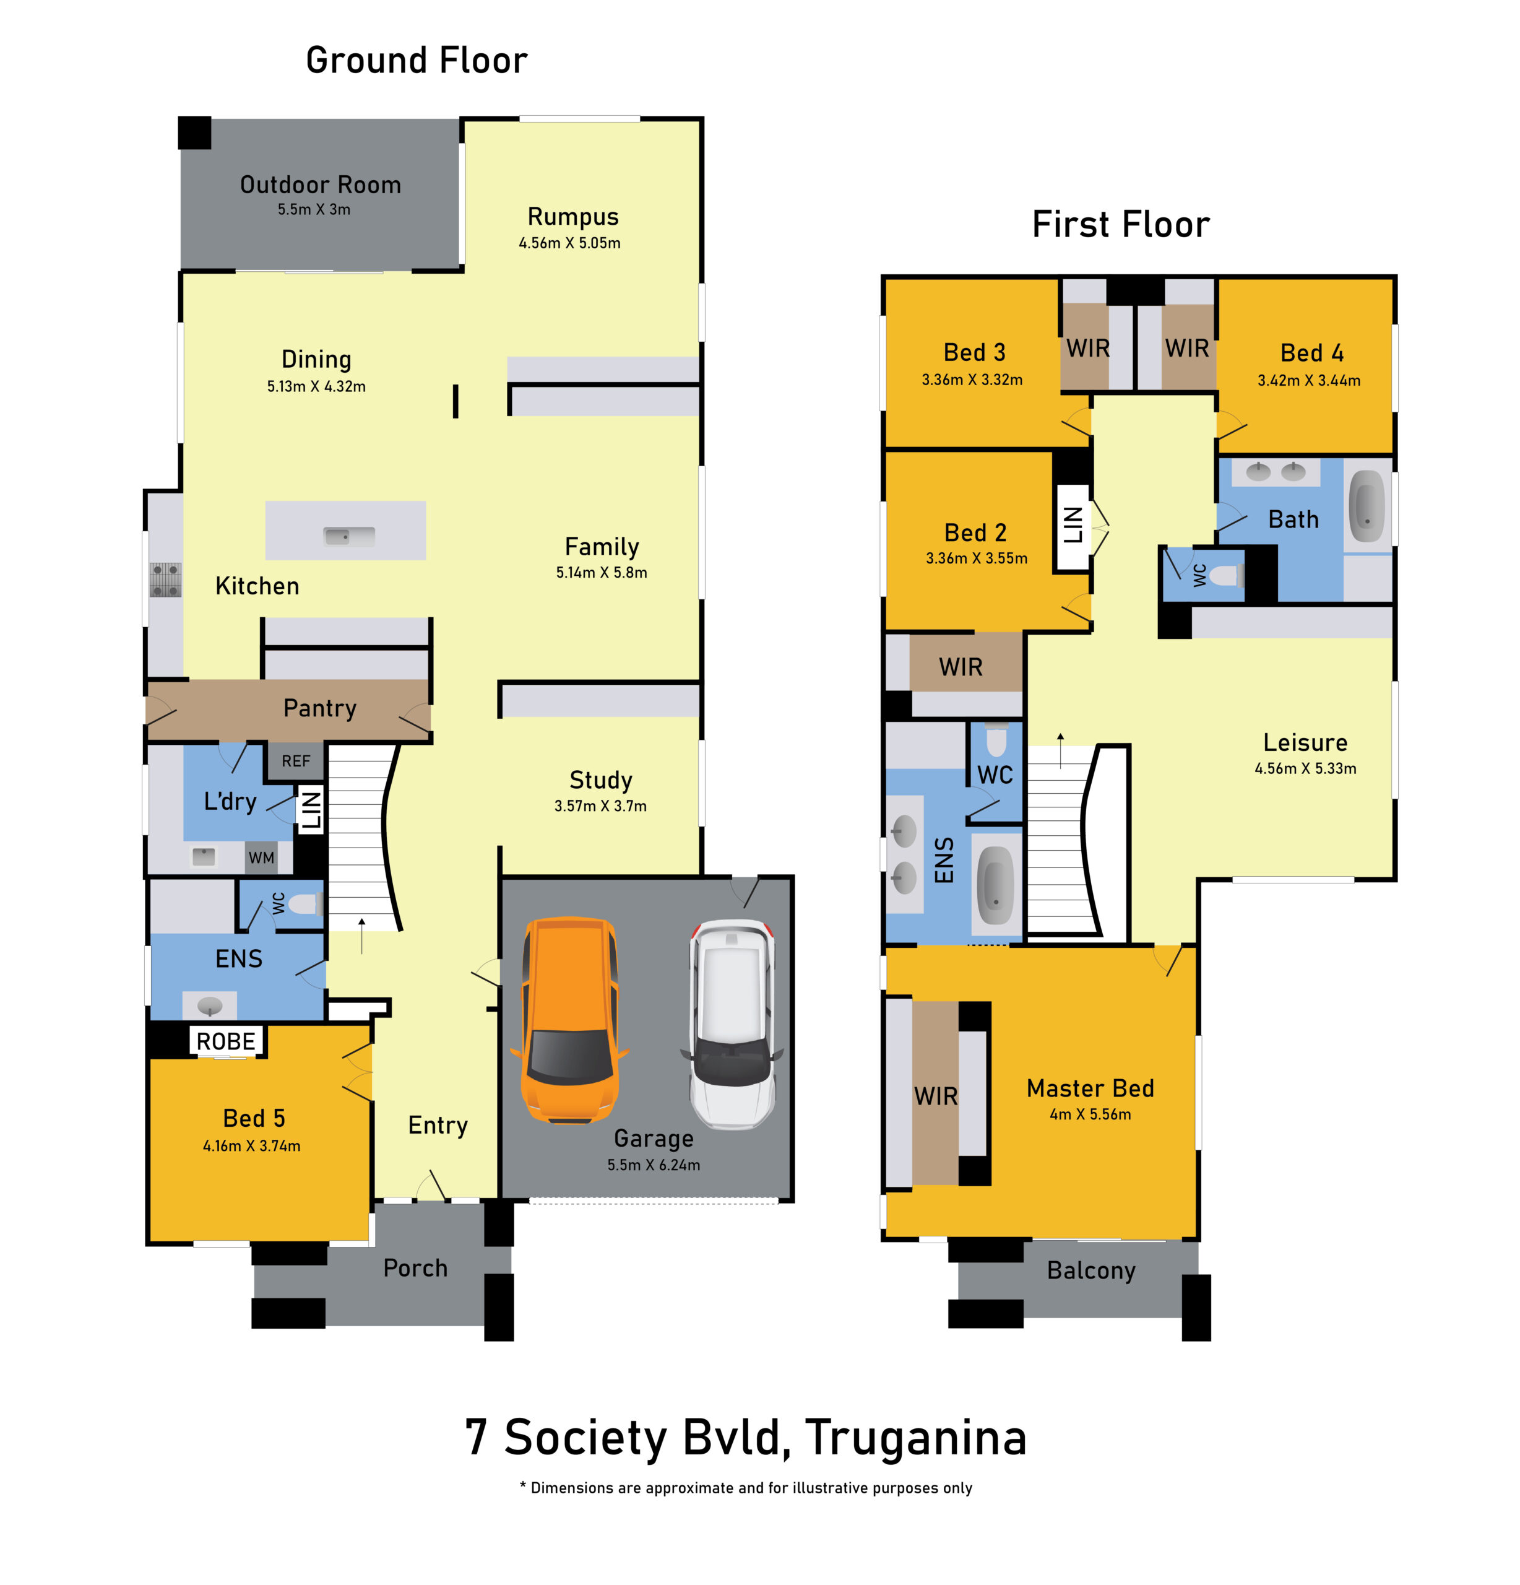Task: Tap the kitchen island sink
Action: coord(348,536)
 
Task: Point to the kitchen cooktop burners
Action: coord(165,580)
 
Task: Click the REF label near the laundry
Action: coord(296,761)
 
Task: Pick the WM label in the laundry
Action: coord(261,857)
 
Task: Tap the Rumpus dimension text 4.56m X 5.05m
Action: coord(569,243)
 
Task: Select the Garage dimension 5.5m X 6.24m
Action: coord(654,1165)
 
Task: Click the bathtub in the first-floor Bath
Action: coord(1367,506)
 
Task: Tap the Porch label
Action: coord(415,1267)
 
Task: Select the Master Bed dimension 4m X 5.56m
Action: coord(1090,1114)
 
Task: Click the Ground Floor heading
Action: coord(417,60)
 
